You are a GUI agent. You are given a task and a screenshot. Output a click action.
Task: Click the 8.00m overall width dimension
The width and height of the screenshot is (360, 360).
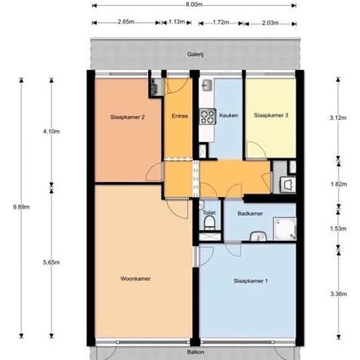194,5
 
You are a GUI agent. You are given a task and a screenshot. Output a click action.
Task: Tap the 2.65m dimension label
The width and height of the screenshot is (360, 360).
126,22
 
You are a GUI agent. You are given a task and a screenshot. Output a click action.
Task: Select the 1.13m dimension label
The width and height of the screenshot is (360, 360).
177,22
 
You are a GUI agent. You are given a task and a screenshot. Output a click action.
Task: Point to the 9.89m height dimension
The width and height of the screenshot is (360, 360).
21,207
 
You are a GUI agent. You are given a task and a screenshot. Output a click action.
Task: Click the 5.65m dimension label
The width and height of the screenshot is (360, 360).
52,262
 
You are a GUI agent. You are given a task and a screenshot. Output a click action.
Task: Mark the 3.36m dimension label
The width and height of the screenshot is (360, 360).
338,294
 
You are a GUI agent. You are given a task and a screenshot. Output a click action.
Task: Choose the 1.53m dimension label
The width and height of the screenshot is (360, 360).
338,228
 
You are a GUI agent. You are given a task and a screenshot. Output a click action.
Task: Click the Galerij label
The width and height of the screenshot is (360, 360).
196,54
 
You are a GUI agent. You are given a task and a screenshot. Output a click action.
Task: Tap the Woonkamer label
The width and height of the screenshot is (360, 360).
135,279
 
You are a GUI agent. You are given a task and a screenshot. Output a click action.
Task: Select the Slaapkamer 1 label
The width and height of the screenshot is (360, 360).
251,281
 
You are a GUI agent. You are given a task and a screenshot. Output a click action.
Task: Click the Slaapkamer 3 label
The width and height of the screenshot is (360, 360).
271,115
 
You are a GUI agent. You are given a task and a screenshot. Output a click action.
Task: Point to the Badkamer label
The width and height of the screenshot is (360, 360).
250,214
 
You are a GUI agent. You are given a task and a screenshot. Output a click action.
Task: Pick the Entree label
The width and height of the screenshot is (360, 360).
180,116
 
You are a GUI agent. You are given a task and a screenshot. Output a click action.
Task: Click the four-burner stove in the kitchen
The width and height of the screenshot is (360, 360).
207,117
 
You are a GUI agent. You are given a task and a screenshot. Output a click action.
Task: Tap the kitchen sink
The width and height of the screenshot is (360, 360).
207,85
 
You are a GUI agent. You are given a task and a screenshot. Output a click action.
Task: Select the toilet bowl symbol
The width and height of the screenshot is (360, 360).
209,223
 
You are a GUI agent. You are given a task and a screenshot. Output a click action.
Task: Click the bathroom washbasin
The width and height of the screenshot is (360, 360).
259,236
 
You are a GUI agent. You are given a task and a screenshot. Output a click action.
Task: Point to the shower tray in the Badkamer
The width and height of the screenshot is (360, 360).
285,229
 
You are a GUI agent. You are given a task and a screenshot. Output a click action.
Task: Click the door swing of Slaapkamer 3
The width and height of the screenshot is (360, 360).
256,150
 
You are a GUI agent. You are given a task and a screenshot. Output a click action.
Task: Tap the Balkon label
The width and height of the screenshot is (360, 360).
196,352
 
